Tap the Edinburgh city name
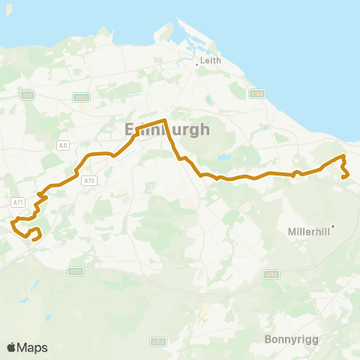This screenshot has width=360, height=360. tap(166, 129)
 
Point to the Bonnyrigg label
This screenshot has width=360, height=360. tap(292, 339)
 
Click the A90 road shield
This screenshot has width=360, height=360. tap(28, 95)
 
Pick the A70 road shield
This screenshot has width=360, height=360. tap(90, 180)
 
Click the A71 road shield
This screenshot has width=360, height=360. tap(18, 202)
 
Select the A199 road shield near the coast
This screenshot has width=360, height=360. tap(257, 94)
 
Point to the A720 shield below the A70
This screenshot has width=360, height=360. tap(75, 271)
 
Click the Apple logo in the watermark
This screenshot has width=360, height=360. tap(11, 347)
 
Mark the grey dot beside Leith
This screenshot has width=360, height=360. tap(196, 64)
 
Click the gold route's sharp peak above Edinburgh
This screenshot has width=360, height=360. tap(164, 120)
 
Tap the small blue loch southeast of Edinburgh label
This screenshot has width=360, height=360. tap(222, 158)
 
